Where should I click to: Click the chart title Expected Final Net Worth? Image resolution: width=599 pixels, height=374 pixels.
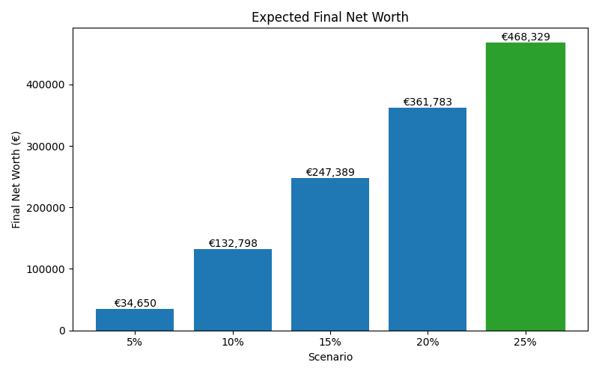tap(329, 17)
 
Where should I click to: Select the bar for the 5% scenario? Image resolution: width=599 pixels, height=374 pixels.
tap(135, 319)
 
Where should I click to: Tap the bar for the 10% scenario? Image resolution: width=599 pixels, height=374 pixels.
tap(232, 289)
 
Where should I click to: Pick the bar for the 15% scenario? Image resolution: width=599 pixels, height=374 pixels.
tap(329, 254)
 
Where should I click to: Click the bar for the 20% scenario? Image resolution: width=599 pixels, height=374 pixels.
tap(428, 219)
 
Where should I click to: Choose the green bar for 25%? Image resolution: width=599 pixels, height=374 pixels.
tap(525, 186)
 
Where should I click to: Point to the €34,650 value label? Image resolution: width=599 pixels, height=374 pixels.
tap(135, 303)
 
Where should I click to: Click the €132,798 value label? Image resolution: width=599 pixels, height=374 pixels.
tap(232, 243)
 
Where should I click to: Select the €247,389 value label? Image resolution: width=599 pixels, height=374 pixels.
tap(329, 172)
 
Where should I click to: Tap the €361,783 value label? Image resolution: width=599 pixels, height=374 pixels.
tap(428, 102)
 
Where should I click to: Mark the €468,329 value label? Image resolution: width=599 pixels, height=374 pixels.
tap(525, 37)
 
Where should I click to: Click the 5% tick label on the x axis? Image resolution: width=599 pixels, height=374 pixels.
tap(135, 342)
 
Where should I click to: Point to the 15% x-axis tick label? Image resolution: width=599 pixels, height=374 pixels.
tap(329, 342)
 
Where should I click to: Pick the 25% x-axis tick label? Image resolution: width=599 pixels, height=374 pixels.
tap(525, 342)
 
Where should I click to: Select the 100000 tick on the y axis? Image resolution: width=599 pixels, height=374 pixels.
tap(46, 269)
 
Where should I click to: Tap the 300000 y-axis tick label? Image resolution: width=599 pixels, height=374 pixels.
tap(46, 146)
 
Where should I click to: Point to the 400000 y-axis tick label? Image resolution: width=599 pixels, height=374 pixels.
tap(46, 85)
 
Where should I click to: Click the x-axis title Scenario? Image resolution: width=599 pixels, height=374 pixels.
tap(329, 357)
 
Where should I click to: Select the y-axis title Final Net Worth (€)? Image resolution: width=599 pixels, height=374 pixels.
tap(16, 180)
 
